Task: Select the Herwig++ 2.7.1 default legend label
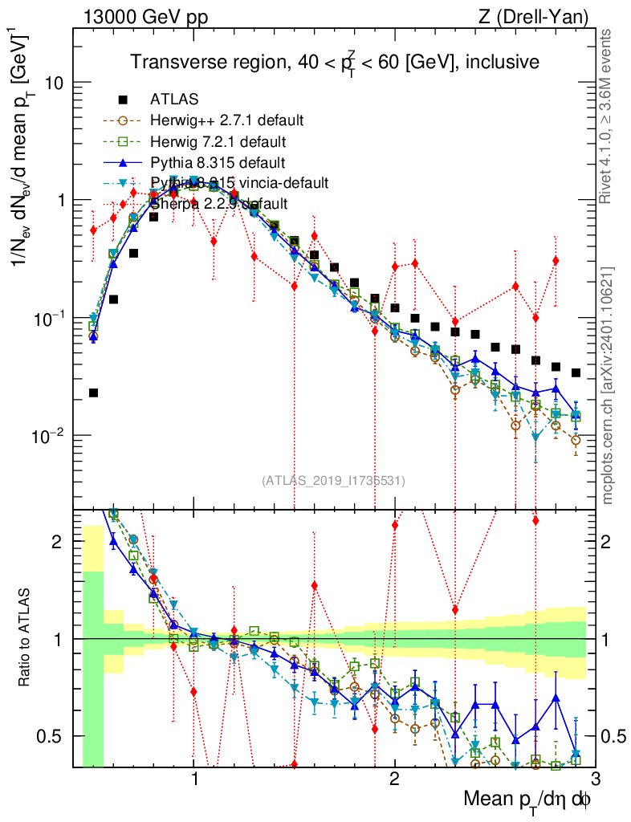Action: pos(226,121)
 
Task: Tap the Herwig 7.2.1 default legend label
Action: pos(218,142)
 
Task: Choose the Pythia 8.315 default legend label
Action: pos(215,162)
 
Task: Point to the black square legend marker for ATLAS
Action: pos(123,100)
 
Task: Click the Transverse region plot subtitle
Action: pos(335,62)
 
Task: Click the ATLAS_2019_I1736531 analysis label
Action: pos(333,481)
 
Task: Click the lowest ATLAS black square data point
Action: pos(93,393)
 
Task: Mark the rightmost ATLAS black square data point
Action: pos(576,372)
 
